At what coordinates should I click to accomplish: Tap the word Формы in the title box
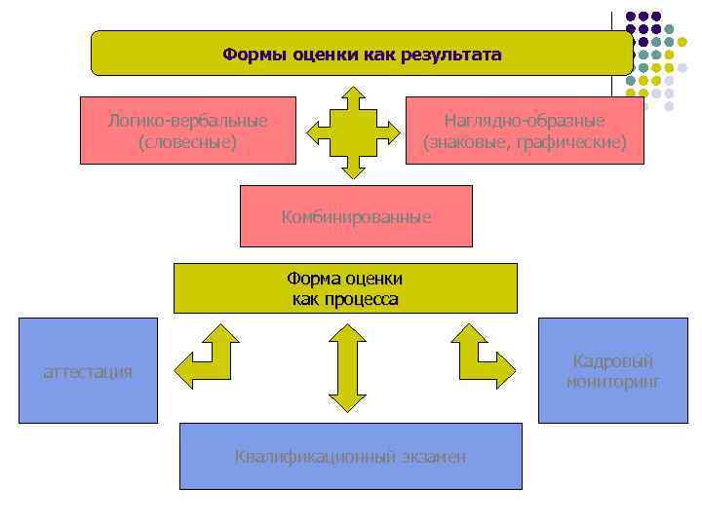(248, 55)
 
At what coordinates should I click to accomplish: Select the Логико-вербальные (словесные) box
(188, 130)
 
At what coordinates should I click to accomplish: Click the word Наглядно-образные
(525, 121)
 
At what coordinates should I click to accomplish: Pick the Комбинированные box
(356, 216)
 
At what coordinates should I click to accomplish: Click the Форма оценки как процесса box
(345, 288)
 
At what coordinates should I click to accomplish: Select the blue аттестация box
(88, 370)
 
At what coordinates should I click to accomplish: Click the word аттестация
(88, 371)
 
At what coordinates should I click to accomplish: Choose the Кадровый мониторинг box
(612, 370)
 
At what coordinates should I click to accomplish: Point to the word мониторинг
(612, 382)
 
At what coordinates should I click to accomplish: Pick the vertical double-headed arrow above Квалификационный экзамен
(346, 367)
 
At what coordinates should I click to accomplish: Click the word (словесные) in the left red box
(188, 142)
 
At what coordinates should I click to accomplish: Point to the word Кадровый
(612, 361)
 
